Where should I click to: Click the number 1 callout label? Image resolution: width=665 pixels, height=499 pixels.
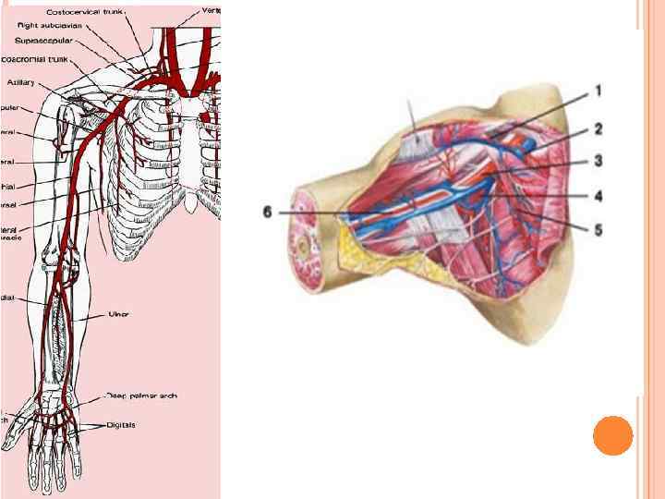(x=598, y=91)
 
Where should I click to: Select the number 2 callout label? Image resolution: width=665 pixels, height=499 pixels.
(x=598, y=128)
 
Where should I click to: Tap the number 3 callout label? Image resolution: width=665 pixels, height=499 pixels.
(x=598, y=160)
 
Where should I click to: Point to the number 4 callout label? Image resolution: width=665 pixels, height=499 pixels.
(x=598, y=195)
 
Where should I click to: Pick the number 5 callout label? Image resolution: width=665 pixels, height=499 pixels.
(x=598, y=227)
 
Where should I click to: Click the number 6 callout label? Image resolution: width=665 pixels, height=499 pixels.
(x=267, y=212)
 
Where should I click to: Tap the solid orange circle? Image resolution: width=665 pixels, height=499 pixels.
(x=612, y=435)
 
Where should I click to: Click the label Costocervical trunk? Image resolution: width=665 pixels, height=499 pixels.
(x=86, y=12)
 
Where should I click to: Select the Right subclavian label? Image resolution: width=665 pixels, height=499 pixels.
(x=52, y=26)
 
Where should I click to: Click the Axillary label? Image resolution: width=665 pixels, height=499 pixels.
(x=21, y=82)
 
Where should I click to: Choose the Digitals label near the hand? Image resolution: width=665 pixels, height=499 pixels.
(x=120, y=425)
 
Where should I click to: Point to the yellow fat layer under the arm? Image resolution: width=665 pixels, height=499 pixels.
(x=369, y=254)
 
